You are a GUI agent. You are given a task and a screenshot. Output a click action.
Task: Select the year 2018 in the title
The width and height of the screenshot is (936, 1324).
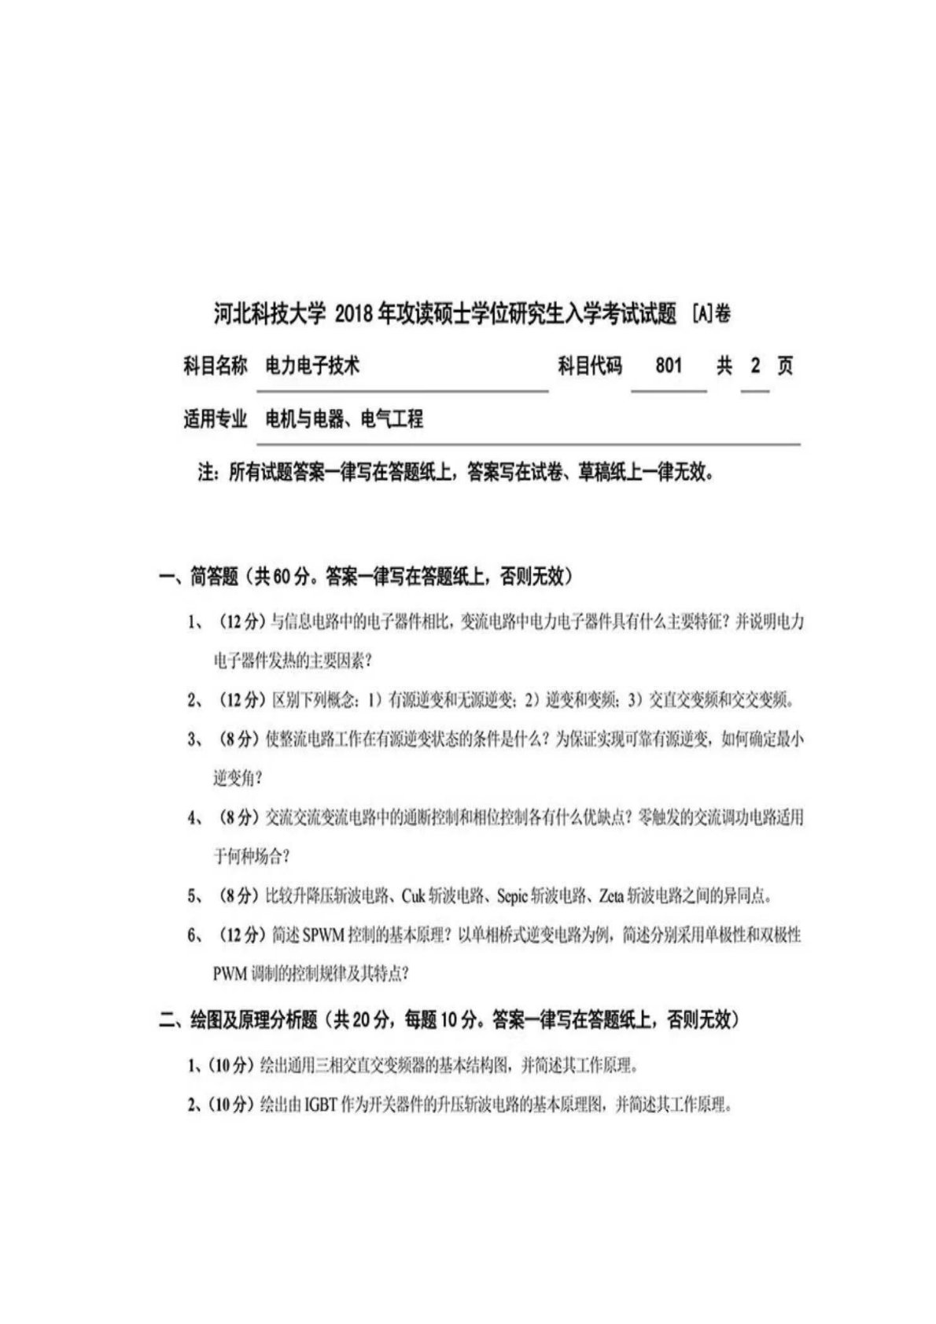coord(355,315)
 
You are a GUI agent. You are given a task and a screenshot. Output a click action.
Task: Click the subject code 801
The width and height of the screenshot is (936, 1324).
coord(668,366)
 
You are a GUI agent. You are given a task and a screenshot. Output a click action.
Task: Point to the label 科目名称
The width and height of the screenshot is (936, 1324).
coord(215,366)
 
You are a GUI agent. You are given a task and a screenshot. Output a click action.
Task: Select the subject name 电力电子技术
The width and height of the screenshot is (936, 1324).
coord(312,366)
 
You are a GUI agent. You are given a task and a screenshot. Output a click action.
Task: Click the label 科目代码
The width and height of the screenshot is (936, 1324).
coord(590,366)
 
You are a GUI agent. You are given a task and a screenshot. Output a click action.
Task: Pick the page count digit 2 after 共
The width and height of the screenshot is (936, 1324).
coord(755,366)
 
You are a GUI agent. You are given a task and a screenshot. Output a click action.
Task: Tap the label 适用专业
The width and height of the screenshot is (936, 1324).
coord(215,419)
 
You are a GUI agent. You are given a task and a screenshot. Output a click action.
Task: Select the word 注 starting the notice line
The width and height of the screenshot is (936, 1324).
coord(205,473)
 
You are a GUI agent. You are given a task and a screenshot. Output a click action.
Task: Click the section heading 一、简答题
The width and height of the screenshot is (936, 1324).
coord(198,577)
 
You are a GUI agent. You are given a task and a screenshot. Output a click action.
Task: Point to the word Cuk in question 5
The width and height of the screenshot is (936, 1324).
coord(413,896)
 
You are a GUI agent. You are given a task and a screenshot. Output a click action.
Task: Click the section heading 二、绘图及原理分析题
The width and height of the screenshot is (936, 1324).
coord(238,1020)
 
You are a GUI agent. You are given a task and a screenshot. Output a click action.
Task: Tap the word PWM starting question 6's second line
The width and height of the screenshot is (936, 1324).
coord(229,974)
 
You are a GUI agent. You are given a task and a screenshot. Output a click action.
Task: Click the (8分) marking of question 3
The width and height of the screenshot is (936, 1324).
coord(239,739)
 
